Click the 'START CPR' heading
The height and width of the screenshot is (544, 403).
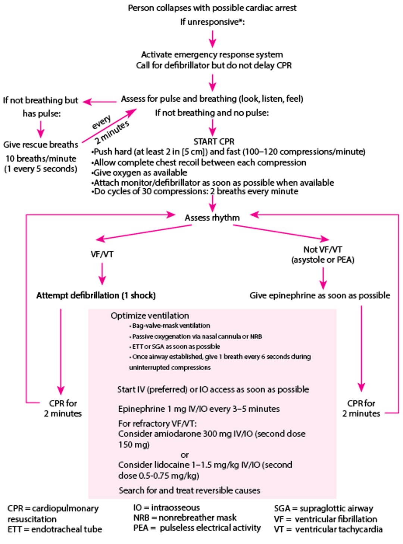[x=214, y=142]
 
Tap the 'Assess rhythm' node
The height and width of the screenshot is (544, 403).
[x=212, y=217]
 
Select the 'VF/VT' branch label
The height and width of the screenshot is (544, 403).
[x=102, y=254]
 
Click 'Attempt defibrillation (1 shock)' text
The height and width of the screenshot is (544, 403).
[x=96, y=295]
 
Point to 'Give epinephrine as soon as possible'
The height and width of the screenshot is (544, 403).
[x=319, y=295]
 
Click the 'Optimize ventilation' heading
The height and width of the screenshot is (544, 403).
[x=150, y=315]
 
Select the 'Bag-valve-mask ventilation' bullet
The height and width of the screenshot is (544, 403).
[x=171, y=326]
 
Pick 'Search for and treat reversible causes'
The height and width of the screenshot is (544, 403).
[x=189, y=490]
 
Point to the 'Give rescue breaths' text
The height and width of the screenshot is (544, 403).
[x=41, y=145]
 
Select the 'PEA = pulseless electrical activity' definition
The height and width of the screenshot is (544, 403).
[x=197, y=528]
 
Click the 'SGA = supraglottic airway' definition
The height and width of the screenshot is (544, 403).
[x=323, y=508]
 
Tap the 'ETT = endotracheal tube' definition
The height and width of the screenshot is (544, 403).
[x=54, y=529]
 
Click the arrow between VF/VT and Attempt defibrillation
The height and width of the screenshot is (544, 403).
[x=102, y=274]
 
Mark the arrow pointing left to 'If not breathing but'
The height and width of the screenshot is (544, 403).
[x=99, y=102]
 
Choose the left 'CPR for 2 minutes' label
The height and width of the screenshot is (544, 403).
[x=63, y=408]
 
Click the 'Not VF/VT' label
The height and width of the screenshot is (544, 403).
[x=322, y=249]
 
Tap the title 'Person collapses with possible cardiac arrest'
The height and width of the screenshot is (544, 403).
[x=212, y=8]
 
